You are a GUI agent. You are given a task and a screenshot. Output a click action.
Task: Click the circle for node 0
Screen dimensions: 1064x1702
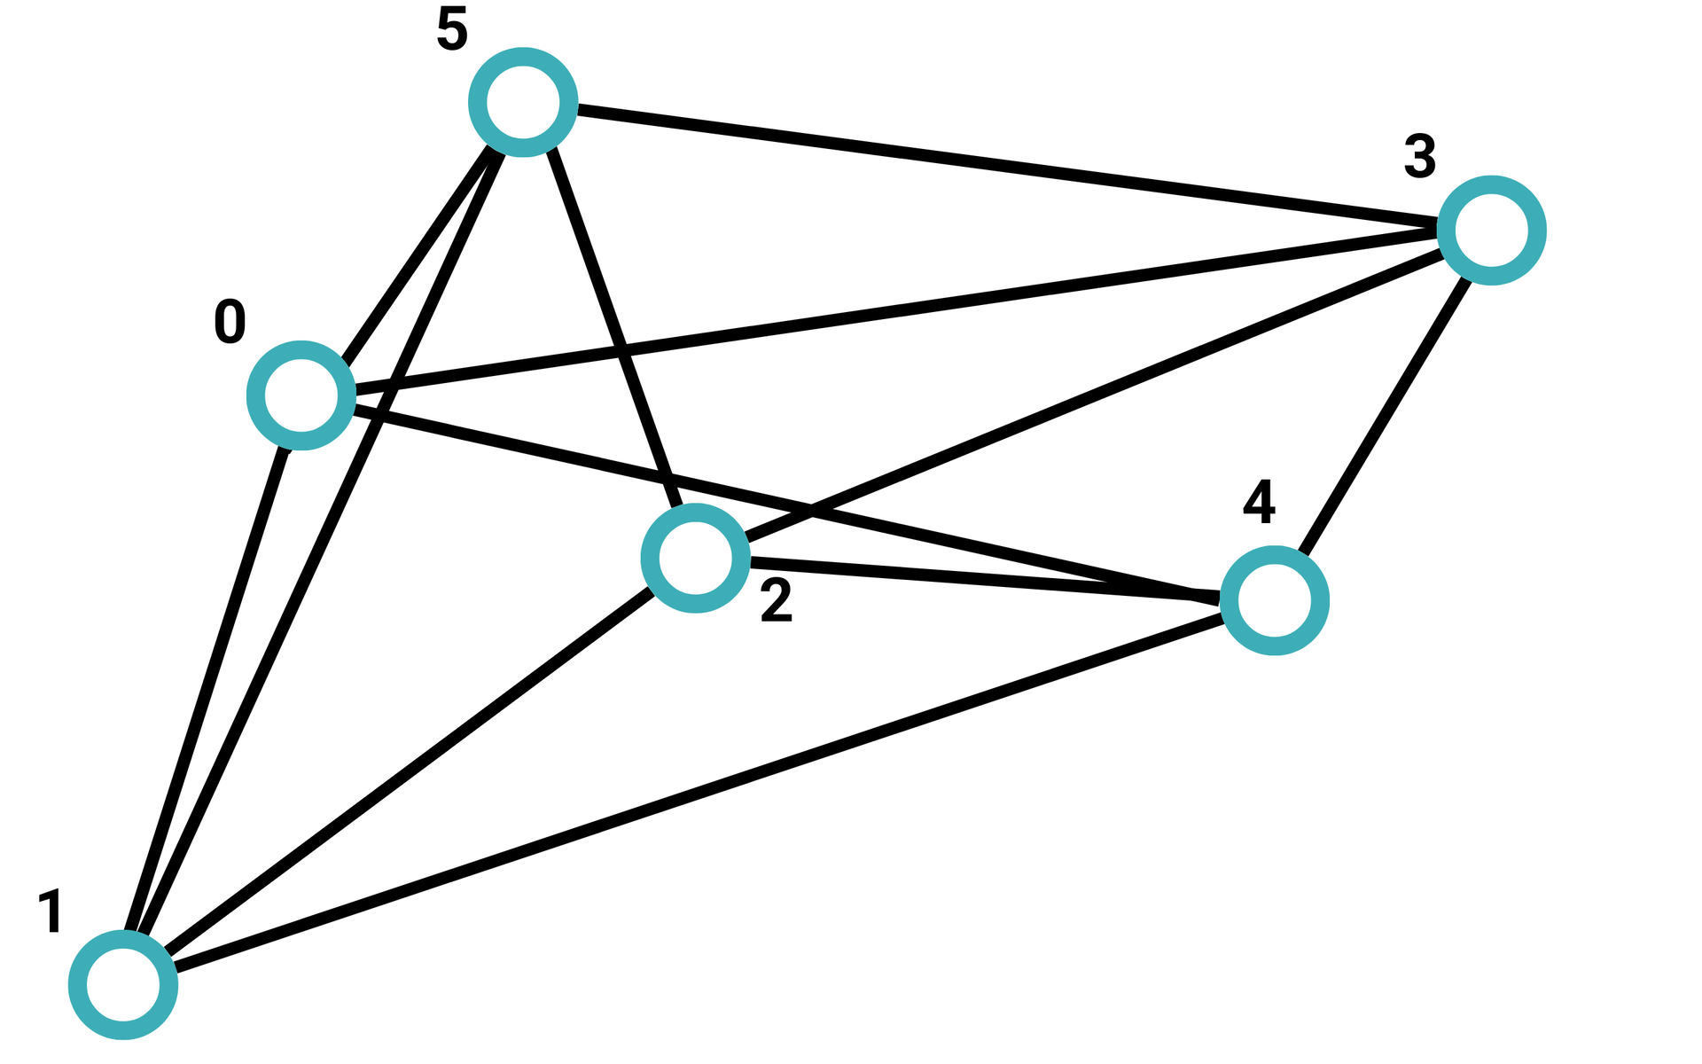point(301,395)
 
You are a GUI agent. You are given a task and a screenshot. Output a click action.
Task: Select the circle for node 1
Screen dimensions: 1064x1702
point(123,984)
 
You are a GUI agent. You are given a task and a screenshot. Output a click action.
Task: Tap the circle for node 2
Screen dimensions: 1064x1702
point(696,558)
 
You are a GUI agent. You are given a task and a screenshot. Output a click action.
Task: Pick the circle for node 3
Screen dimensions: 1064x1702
point(1492,231)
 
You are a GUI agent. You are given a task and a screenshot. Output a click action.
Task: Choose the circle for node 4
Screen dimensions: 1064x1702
point(1274,600)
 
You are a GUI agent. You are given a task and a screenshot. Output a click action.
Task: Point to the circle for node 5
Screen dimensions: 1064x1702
point(523,102)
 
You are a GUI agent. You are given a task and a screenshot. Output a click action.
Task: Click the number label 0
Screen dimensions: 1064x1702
point(230,322)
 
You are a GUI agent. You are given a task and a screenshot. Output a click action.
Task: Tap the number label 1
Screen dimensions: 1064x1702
point(51,911)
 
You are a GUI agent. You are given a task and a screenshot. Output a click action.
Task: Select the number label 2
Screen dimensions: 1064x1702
point(777,601)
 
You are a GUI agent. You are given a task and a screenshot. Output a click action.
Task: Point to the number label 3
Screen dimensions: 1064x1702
point(1419,157)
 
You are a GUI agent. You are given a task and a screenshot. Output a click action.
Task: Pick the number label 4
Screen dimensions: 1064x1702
point(1259,502)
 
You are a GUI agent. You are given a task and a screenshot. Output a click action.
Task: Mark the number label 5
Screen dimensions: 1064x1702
point(451,30)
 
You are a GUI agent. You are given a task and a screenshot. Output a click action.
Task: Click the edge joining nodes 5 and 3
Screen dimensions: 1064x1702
point(1007,166)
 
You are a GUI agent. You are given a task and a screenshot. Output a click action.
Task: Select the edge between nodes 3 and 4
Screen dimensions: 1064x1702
point(1383,416)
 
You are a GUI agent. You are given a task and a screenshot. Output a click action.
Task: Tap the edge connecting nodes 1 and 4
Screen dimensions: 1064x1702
point(699,793)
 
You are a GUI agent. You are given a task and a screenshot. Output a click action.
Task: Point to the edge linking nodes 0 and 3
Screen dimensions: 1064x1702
point(895,312)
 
